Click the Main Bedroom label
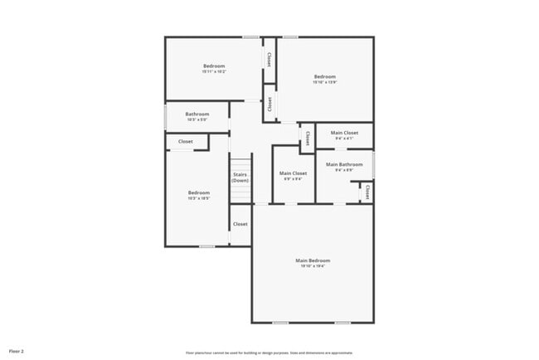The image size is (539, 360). click(313, 260)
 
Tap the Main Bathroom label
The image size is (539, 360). click(344, 164)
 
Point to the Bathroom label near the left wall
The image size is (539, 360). click(197, 114)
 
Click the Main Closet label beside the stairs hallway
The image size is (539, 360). click(294, 173)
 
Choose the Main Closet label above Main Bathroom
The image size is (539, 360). click(344, 133)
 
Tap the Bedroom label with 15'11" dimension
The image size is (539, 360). click(214, 66)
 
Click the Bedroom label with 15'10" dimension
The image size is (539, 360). click(324, 76)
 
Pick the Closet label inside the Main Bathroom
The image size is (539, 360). click(366, 192)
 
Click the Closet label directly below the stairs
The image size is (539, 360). click(240, 224)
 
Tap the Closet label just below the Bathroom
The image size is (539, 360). click(185, 142)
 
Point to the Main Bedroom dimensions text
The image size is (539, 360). click(313, 266)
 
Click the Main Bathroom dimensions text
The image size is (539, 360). click(344, 170)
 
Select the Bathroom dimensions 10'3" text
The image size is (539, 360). click(197, 119)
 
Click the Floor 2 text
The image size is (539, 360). click(17, 351)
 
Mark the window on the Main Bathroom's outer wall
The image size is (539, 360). click(373, 163)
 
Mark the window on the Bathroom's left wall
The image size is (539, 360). click(165, 117)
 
